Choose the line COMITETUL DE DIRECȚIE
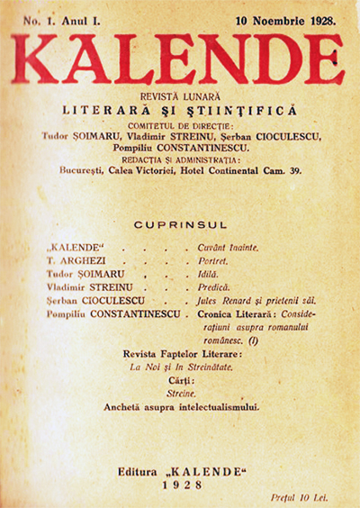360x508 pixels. coord(180,125)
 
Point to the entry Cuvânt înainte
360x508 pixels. coord(227,247)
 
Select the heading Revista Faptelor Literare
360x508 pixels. coord(180,355)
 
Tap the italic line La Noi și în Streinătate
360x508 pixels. coord(179,368)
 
